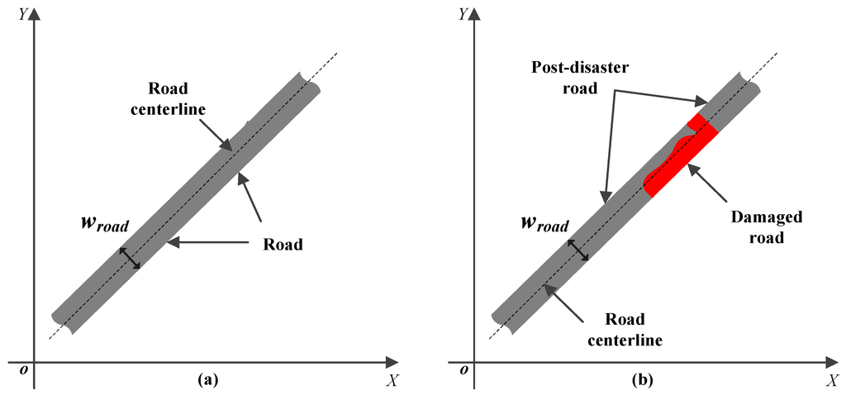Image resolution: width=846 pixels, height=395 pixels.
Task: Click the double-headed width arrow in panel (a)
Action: point(131,258)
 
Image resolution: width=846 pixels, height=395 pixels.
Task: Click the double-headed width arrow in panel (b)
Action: point(578,251)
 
